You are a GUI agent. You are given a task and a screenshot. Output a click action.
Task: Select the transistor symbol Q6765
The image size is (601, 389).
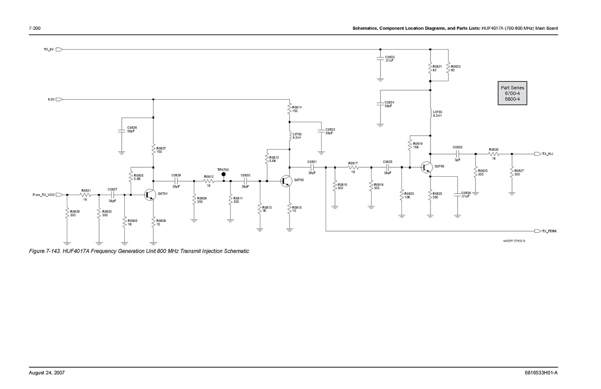(286, 181)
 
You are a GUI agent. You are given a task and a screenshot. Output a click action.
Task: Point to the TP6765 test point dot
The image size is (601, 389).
(223, 174)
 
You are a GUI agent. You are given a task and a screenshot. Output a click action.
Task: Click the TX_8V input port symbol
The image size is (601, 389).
(59, 49)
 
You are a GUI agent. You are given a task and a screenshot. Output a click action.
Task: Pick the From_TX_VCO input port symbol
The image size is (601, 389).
(59, 195)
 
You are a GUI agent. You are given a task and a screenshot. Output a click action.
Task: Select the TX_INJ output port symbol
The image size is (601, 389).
(537, 154)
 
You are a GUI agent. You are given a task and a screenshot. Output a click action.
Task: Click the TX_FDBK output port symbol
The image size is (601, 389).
(537, 231)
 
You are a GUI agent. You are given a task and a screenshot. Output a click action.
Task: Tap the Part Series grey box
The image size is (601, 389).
(512, 93)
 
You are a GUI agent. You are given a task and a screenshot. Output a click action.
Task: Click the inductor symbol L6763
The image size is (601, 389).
(430, 114)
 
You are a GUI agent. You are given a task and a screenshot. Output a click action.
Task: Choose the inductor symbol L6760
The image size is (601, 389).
(290, 136)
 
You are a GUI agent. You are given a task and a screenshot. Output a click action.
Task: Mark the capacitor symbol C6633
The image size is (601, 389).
(380, 59)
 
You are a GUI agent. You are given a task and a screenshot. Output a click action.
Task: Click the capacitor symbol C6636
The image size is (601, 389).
(458, 154)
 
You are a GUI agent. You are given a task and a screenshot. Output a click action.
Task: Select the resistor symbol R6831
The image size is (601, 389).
(85, 195)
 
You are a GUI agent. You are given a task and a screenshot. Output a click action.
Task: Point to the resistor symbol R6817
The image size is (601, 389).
(353, 167)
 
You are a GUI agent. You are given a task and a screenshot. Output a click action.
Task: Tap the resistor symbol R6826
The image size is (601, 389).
(494, 154)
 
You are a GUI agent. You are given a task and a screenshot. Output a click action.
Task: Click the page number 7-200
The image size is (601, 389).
(35, 28)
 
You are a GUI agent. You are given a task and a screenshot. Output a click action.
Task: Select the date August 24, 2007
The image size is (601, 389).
(47, 373)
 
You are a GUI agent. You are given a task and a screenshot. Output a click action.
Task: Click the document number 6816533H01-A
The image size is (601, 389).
(541, 373)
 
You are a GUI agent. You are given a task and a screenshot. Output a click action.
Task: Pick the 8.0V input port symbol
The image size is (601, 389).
(59, 100)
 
